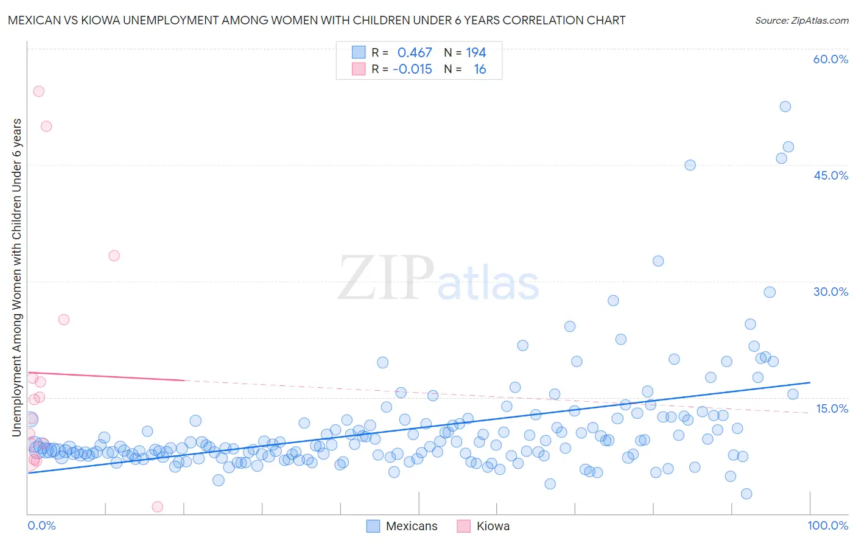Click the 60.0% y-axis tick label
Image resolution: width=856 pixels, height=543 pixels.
830,59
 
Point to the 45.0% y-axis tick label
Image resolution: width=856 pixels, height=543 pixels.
830,175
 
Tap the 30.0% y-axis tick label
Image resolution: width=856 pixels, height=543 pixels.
830,292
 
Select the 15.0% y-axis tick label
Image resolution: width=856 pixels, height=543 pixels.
832,408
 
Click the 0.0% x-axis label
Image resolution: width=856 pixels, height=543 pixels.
41,525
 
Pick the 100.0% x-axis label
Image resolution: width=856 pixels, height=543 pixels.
827,525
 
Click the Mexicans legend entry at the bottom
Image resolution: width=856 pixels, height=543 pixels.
412,526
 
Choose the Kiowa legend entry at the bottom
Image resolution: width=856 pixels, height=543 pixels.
493,526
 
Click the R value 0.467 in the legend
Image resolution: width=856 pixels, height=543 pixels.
415,53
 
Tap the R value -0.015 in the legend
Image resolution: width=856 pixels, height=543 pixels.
412,69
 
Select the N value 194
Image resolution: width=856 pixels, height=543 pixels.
476,53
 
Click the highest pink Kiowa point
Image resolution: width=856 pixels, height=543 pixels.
38,91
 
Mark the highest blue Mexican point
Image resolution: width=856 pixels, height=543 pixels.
785,107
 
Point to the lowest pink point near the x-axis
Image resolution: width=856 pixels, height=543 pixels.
158,506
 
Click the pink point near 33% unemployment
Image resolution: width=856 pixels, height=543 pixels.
114,256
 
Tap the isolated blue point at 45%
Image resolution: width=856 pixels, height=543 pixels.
690,165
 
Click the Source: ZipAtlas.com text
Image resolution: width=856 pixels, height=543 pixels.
801,20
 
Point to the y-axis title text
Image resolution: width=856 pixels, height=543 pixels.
17,277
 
